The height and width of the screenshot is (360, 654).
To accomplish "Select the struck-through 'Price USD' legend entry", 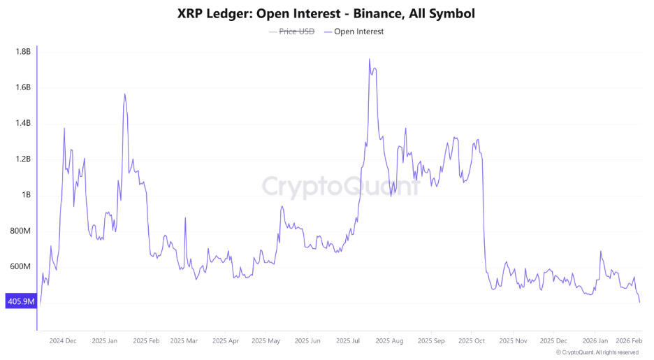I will pyautogui.click(x=297, y=31).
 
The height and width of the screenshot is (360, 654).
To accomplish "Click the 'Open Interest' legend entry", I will pyautogui.click(x=358, y=31).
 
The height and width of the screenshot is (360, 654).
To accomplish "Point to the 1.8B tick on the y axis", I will pyautogui.click(x=22, y=52).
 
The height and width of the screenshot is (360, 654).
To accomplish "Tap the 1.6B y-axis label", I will pyautogui.click(x=22, y=87).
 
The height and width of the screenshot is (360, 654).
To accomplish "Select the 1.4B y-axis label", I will pyautogui.click(x=22, y=123).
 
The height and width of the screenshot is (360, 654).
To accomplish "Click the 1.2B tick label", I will pyautogui.click(x=22, y=159).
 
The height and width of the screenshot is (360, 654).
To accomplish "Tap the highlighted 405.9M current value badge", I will pyautogui.click(x=20, y=302).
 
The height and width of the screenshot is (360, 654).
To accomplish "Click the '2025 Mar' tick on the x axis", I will pyautogui.click(x=184, y=341).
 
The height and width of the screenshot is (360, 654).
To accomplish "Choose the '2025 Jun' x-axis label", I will pyautogui.click(x=307, y=341).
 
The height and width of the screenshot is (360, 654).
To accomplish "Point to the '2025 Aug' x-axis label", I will pyautogui.click(x=389, y=341).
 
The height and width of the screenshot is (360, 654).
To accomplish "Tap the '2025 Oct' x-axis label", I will pyautogui.click(x=471, y=341).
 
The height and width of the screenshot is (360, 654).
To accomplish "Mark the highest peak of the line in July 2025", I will pyautogui.click(x=369, y=59).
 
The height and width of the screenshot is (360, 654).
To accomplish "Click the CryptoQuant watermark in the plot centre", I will pyautogui.click(x=341, y=187).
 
